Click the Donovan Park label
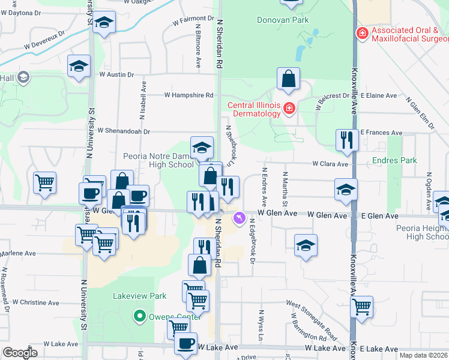point(282,20)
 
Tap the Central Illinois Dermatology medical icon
point(289,108)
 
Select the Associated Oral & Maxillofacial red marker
point(362,32)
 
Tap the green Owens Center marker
point(140,315)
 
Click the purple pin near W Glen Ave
point(240,217)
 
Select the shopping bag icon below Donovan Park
point(289,79)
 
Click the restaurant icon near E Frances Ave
point(346,140)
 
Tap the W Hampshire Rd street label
point(189,95)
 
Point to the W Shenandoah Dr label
point(123,130)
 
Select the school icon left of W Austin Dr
point(79,67)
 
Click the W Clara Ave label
point(330,164)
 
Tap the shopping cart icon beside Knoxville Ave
point(361,307)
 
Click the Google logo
point(20,352)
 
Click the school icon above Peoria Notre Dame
point(202,146)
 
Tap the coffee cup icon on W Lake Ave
point(186,344)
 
